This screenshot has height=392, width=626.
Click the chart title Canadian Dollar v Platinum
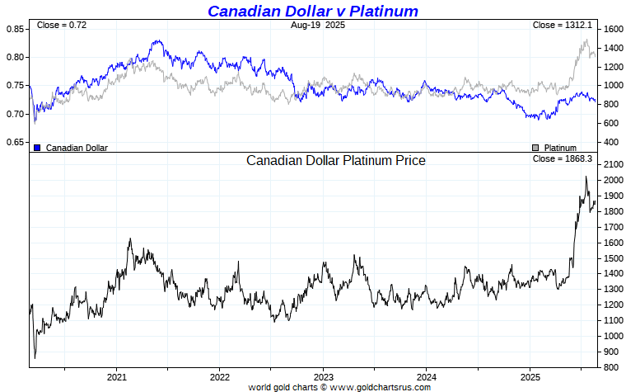pyautogui.click(x=312, y=11)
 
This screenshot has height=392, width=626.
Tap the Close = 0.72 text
pyautogui.click(x=61, y=26)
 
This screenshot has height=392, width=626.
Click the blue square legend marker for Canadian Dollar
pyautogui.click(x=37, y=148)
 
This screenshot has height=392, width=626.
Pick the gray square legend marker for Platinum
pyautogui.click(x=535, y=148)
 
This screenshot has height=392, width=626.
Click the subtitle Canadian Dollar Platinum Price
pyautogui.click(x=336, y=160)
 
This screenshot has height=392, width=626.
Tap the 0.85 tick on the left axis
pyautogui.click(x=15, y=29)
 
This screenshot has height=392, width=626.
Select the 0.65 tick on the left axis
pyautogui.click(x=15, y=143)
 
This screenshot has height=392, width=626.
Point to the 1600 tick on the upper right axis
pyautogui.click(x=610, y=29)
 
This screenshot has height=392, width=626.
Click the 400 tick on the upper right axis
pyautogui.click(x=610, y=143)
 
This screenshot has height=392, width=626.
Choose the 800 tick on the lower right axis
pyautogui.click(x=610, y=367)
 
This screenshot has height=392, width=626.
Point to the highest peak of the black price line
pyautogui.click(x=586, y=177)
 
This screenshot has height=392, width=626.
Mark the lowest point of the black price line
pyautogui.click(x=35, y=358)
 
